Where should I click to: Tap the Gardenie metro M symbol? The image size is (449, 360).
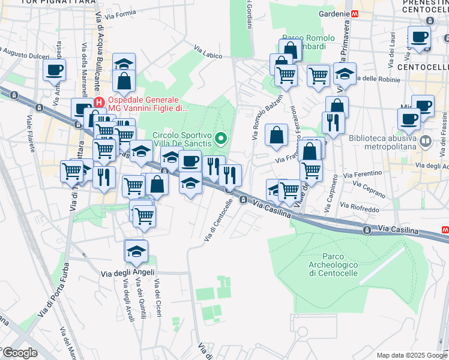coord(355,13)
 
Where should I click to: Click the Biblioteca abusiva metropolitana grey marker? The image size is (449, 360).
coord(426,142)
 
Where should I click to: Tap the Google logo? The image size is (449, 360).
coord(20,353)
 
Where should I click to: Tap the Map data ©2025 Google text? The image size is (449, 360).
coord(411,355)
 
